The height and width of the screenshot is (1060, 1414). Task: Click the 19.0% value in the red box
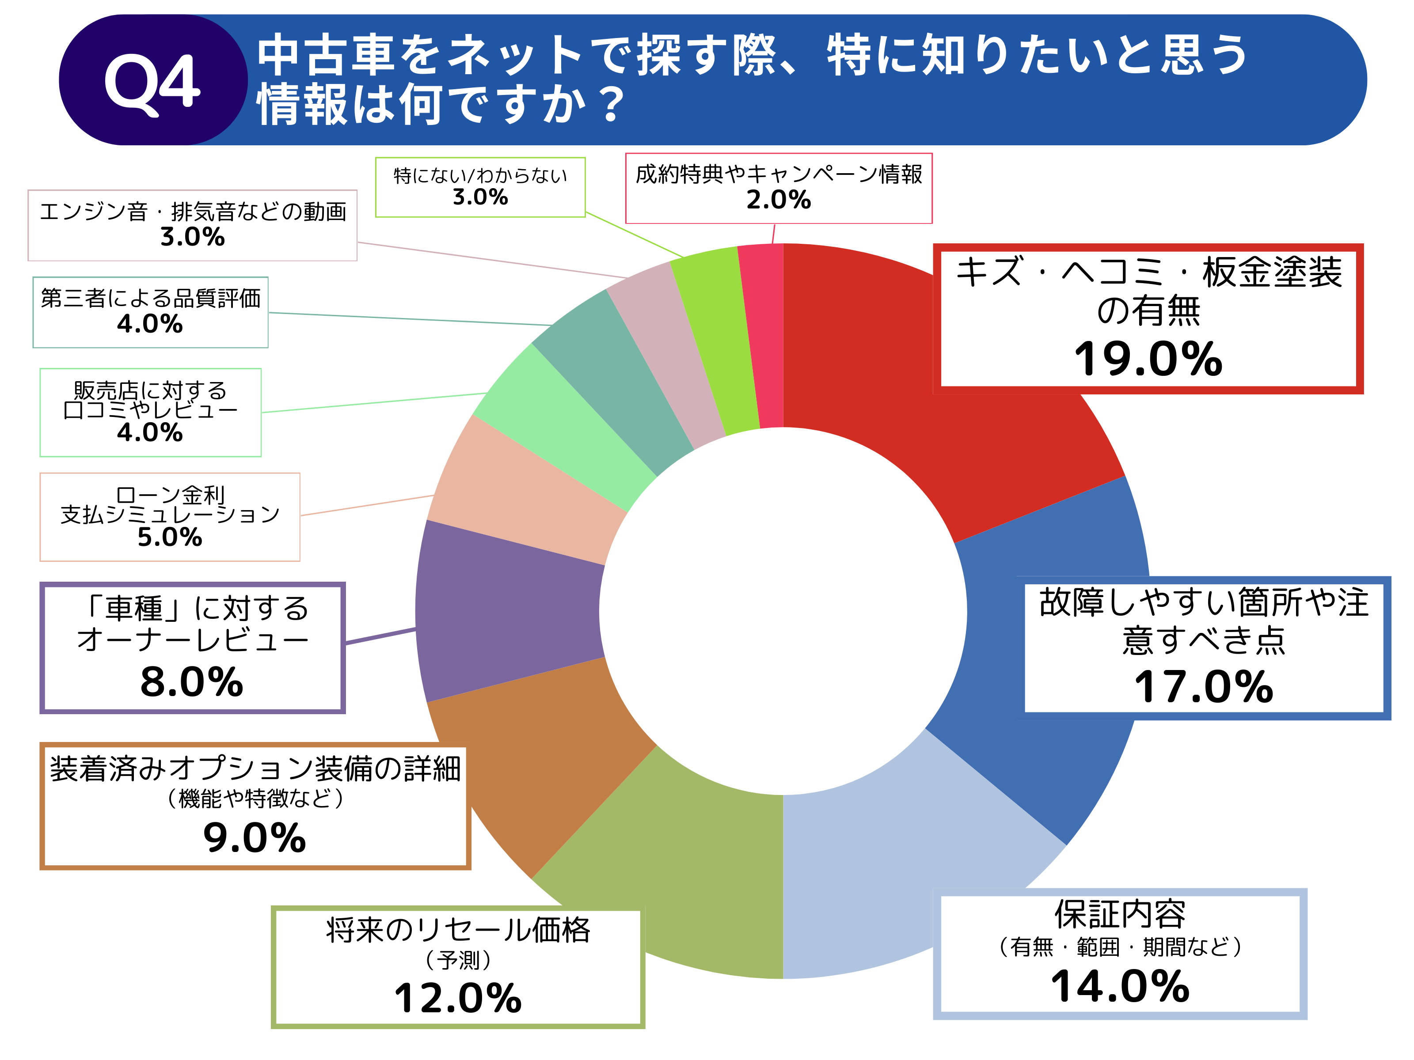1148,359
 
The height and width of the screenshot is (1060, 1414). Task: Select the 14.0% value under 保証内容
1120,987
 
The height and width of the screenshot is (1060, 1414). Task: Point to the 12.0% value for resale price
458,998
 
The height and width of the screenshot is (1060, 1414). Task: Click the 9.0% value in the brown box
255,838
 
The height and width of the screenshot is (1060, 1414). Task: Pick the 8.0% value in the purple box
192,682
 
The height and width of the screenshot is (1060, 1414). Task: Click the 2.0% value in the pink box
779,200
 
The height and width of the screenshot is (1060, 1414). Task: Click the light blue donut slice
895,882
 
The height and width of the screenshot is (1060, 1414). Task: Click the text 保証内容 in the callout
1120,915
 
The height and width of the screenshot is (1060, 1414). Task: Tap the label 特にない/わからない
480,175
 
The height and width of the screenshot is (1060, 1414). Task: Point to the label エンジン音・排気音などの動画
192,212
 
